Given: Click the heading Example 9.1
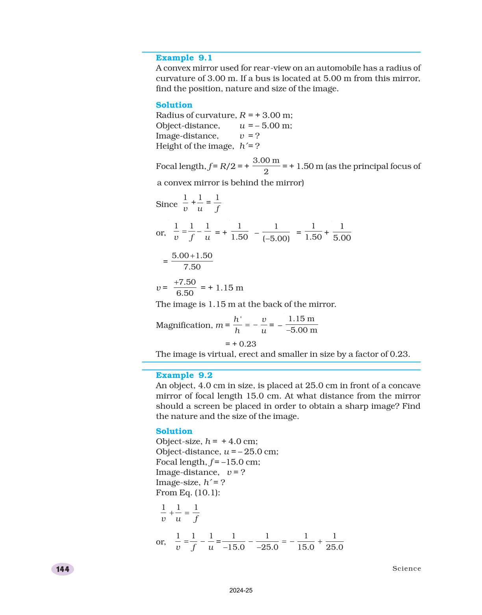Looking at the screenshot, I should point(184,58).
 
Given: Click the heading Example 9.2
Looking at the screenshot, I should point(184,375).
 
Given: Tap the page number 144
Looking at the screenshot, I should point(63,569).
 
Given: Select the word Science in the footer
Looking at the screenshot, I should point(406,569).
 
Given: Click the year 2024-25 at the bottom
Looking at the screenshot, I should point(241,590).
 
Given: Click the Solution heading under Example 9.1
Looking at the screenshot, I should point(174,105).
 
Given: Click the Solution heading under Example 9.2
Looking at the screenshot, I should point(174,431).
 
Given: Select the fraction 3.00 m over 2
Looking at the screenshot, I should point(266,166).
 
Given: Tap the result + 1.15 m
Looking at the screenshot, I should point(226,288).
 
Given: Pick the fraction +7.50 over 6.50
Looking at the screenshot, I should point(185,287).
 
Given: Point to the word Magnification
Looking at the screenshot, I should point(184,325).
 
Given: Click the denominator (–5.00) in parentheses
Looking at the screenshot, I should point(276,239).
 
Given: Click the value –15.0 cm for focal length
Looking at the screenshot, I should point(240,462).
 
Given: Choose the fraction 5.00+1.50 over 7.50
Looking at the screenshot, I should point(192,261).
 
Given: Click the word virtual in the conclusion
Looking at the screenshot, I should point(222,354).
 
